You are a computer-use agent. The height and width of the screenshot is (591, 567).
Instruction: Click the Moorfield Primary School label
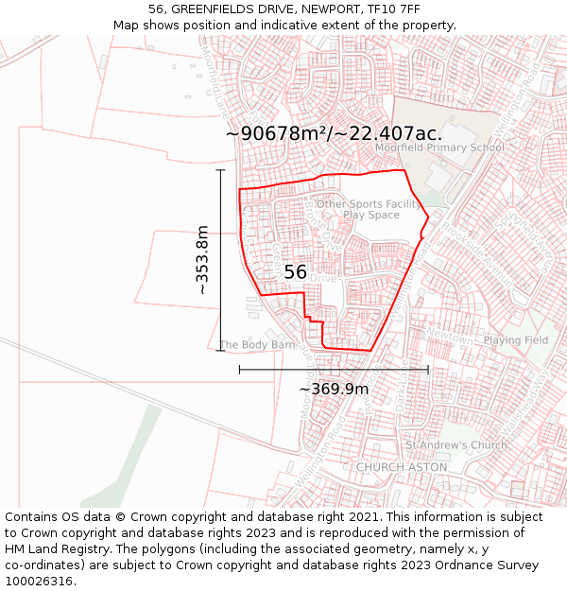439,148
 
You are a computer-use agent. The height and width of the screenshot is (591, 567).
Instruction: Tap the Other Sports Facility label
369,204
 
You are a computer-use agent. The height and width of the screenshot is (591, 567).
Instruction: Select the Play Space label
371,216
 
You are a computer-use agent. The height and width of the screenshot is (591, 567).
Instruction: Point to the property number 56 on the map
295,272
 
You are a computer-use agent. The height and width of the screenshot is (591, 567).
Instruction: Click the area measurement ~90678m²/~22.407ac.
334,133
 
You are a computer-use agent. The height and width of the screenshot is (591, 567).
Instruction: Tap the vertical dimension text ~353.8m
202,260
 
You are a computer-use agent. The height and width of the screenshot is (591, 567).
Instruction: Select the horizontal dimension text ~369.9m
334,389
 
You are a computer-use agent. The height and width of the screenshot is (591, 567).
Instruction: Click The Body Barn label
257,345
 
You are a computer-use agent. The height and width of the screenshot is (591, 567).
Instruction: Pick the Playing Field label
515,340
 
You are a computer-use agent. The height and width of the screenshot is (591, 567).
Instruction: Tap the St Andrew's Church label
456,445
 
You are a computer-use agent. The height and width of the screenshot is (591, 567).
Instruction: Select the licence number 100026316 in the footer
40,582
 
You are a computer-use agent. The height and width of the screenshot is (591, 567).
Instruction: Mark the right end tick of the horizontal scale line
428,369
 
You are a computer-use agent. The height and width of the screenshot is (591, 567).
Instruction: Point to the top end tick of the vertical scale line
221,170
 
